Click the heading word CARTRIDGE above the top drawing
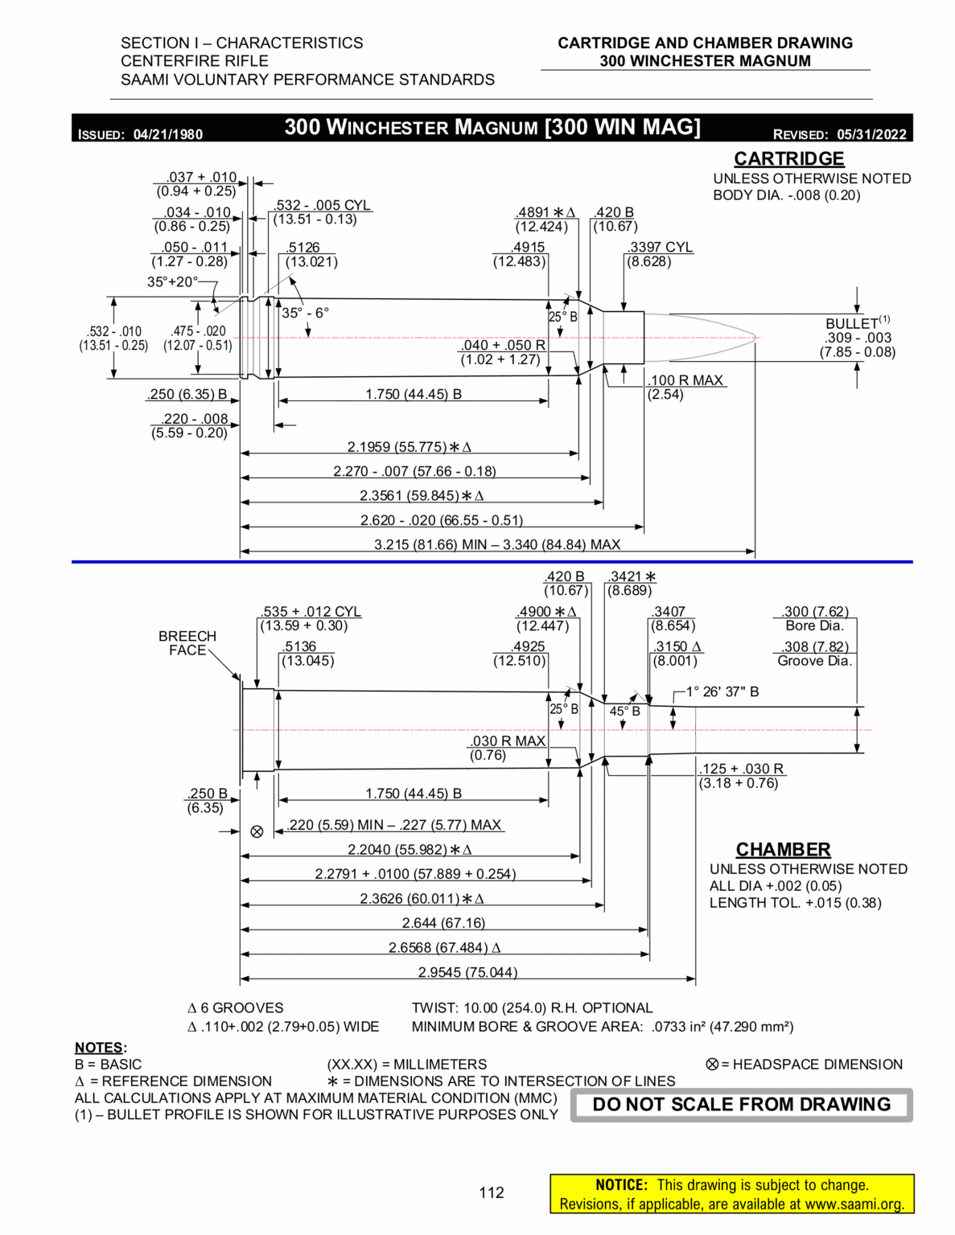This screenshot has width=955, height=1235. coord(788,158)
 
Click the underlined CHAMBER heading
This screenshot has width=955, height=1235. coord(783,849)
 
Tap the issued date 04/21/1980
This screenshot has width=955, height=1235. coord(167,134)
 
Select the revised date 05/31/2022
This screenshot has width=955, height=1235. coord(871,134)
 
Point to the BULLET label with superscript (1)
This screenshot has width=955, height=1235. coord(853,323)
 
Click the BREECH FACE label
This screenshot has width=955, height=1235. coord(187,642)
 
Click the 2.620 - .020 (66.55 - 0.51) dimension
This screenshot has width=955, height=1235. coord(441,520)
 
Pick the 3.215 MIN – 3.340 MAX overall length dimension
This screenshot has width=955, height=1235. coord(496,544)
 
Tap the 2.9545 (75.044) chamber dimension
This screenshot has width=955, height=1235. coord(467,972)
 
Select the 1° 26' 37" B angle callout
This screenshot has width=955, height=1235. coord(722,691)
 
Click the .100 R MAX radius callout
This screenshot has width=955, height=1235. coord(686,380)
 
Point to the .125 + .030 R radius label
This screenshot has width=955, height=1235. coord(741,769)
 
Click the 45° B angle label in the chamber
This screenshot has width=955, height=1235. coord(624,711)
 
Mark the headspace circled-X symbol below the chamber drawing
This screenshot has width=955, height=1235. coord(257,831)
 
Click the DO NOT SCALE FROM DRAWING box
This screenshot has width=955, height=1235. coord(741,1105)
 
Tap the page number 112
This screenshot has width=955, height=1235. coord(491,1192)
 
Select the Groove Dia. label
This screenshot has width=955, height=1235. coord(814,661)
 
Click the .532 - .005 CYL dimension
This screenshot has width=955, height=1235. coord(322,205)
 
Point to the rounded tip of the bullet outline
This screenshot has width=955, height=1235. coord(755,338)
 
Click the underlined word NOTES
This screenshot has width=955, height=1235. coord(100,1047)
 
